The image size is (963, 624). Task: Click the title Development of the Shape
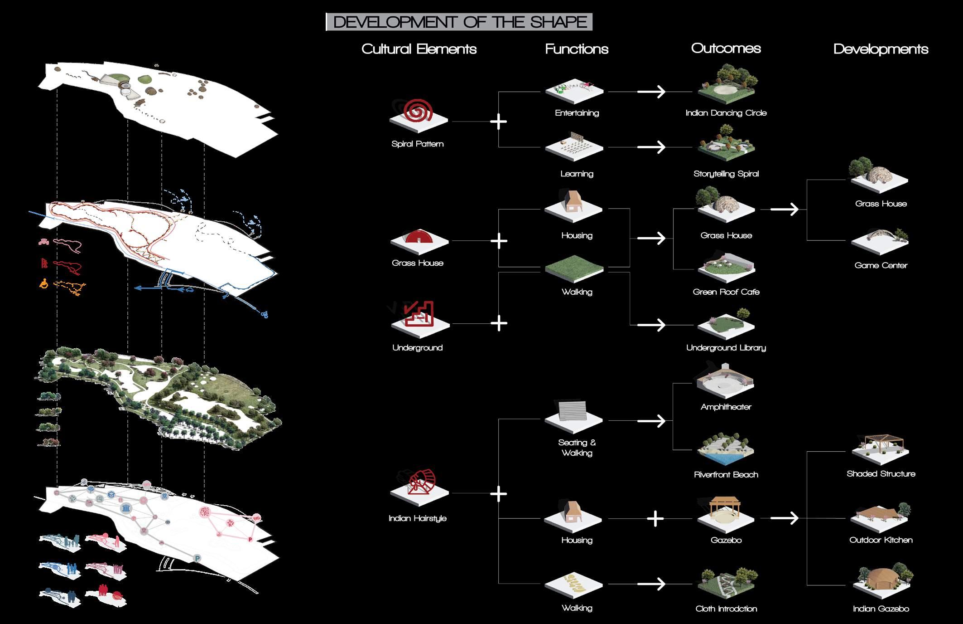pos(459,22)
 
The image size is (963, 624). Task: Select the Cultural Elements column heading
pos(419,49)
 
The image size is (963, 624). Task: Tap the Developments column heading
pos(881,49)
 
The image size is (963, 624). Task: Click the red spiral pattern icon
pos(419,111)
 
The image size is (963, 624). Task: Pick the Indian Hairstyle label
pos(418,518)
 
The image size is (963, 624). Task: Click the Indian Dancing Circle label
pos(726,113)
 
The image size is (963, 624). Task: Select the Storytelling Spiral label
pos(726,174)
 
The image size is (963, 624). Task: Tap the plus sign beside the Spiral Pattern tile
pos(499,122)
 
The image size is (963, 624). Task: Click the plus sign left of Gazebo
pos(655,518)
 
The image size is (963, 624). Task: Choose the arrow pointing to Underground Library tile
pos(651,325)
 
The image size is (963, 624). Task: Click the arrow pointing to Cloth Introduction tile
pos(651,584)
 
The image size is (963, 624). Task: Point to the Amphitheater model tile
pos(725,382)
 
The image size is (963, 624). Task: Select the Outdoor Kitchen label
pos(881,540)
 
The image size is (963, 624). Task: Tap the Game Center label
pos(881,265)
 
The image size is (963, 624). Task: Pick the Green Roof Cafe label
pos(726,292)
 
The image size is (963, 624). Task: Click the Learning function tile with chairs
pos(574,146)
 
